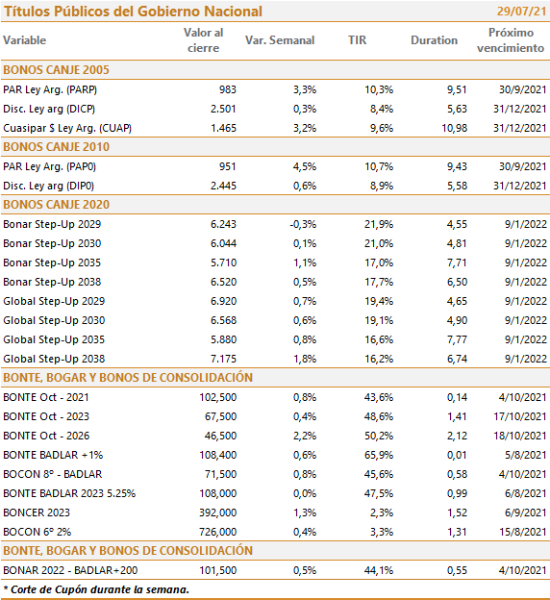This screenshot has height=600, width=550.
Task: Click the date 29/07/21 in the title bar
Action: pyautogui.click(x=521, y=12)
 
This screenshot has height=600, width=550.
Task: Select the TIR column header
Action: pyautogui.click(x=357, y=40)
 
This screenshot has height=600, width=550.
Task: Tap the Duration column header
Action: pyautogui.click(x=434, y=40)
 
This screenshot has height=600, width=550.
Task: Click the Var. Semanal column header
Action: pyautogui.click(x=280, y=40)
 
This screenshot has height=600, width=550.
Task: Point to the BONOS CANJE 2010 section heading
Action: pyautogui.click(x=57, y=147)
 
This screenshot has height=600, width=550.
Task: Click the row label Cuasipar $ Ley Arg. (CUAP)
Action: pyautogui.click(x=67, y=128)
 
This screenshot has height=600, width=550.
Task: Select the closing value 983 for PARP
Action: pyautogui.click(x=228, y=89)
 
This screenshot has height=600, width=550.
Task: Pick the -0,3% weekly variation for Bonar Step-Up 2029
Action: pyautogui.click(x=303, y=224)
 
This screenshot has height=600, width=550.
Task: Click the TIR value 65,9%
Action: pyautogui.click(x=379, y=455)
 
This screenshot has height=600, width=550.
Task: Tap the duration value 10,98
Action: pyautogui.click(x=454, y=128)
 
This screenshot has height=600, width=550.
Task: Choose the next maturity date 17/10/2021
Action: pyautogui.click(x=520, y=416)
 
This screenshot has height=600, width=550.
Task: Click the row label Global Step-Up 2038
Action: pyautogui.click(x=54, y=359)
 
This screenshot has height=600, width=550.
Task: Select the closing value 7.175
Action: pyautogui.click(x=223, y=359)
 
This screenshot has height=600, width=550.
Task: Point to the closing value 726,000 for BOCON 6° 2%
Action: pyautogui.click(x=217, y=532)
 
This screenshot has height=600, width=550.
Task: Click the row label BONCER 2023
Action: pyautogui.click(x=37, y=512)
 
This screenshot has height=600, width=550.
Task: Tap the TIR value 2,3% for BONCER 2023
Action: pyautogui.click(x=382, y=512)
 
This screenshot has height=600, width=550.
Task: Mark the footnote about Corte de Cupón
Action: pyautogui.click(x=96, y=589)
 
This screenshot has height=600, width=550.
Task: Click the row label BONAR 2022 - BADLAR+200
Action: pyautogui.click(x=70, y=570)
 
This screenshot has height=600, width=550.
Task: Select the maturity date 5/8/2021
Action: pyautogui.click(x=526, y=455)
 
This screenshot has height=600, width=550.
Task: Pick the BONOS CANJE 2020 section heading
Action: pyautogui.click(x=57, y=205)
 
